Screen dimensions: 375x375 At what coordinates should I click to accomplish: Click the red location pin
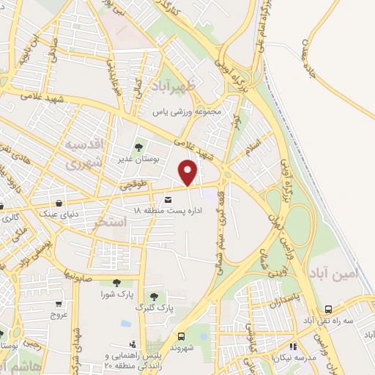tap(189, 173)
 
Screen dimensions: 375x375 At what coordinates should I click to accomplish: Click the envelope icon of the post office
tap(168, 199)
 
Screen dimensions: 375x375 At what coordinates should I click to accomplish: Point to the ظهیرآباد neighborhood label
tap(174, 88)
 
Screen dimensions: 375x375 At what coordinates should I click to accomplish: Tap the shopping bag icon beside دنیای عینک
tap(60, 201)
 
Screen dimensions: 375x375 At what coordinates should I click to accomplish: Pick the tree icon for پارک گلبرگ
tap(154, 296)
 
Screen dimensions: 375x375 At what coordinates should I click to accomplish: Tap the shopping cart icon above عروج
tap(59, 303)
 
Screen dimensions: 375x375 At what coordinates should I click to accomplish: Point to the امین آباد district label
tap(334, 270)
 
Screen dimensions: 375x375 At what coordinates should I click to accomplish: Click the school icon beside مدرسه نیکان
tap(293, 346)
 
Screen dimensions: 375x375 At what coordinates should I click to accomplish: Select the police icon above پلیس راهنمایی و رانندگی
tap(132, 344)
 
